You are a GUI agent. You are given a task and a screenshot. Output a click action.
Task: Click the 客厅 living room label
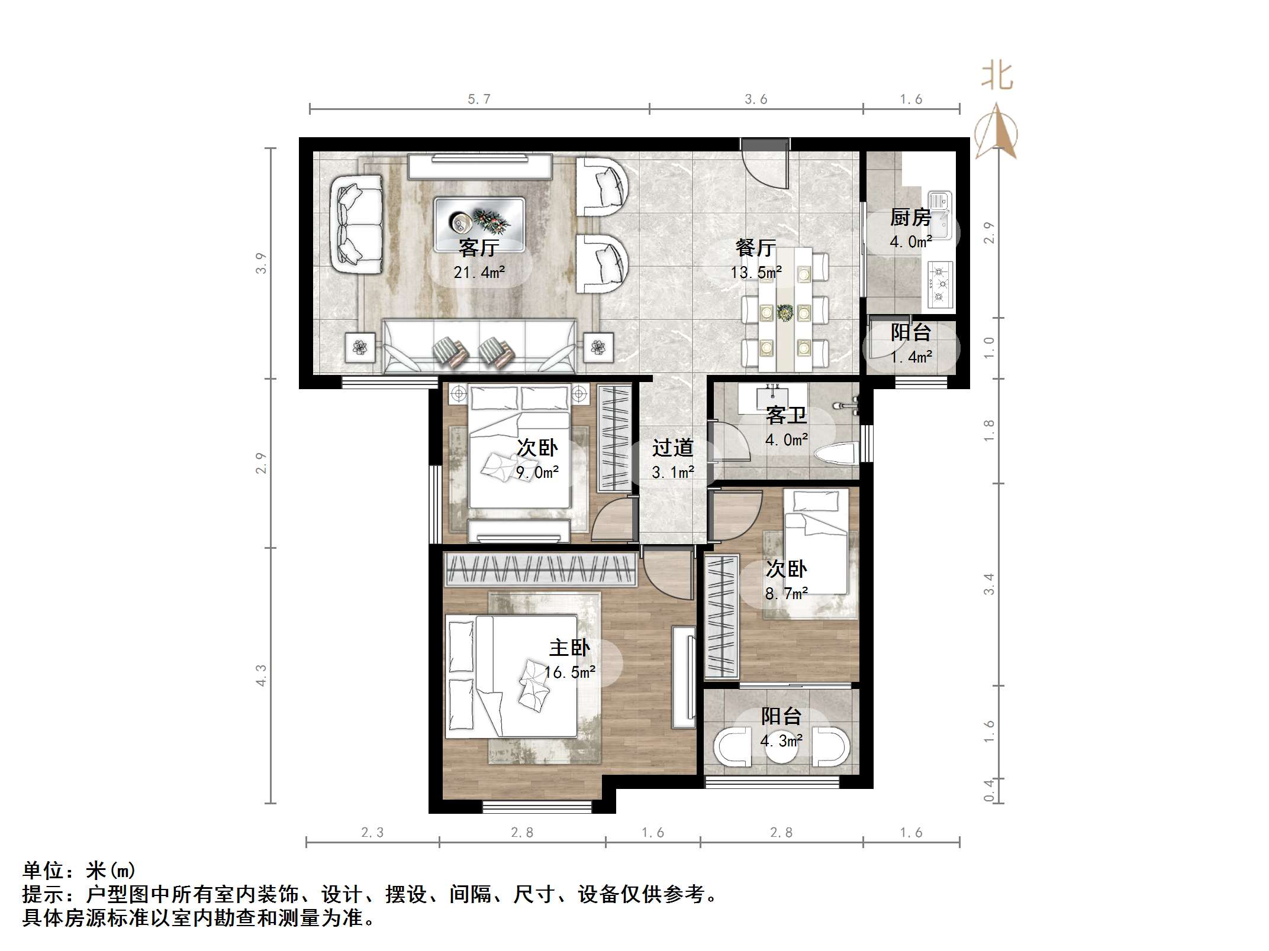(x=479, y=248)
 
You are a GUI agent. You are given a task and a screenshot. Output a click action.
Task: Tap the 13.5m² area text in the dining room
(x=756, y=273)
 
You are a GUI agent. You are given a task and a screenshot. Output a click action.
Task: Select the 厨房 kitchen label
(x=910, y=218)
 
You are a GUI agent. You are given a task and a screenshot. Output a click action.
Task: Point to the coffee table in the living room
(x=479, y=224)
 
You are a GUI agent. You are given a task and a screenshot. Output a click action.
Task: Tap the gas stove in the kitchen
(x=940, y=284)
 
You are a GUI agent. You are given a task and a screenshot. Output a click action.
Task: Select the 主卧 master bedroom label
(x=569, y=648)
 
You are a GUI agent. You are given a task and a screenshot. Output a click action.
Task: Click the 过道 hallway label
(x=672, y=448)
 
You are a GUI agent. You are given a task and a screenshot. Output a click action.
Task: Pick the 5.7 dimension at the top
(x=479, y=99)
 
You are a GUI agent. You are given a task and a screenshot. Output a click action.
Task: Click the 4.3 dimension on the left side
(x=261, y=675)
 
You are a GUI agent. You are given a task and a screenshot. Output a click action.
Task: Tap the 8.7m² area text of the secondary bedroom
(x=786, y=594)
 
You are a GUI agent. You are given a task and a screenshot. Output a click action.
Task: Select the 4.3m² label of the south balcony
(x=781, y=740)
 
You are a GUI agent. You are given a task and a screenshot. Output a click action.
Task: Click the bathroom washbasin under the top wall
(x=772, y=396)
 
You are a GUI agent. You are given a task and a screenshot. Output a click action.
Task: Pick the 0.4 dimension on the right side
(x=988, y=791)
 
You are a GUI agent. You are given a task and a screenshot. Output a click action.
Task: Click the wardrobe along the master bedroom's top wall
(x=540, y=570)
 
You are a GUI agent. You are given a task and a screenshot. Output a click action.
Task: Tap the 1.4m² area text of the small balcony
(x=911, y=357)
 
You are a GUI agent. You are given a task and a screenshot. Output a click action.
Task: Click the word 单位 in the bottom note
(x=43, y=871)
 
